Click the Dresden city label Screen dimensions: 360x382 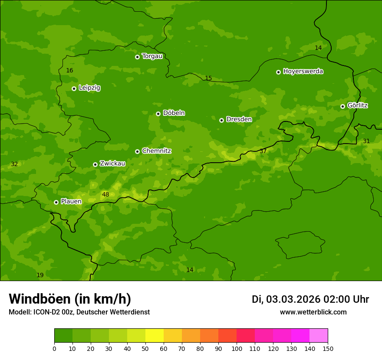[239, 119]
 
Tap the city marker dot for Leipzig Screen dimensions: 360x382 [74, 88]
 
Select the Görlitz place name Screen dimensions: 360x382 [357, 105]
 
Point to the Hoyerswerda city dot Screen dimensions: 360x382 [278, 72]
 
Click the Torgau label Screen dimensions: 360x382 [152, 56]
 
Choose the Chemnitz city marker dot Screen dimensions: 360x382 [138, 151]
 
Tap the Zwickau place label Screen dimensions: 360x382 [112, 164]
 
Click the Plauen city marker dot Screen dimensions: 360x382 [56, 202]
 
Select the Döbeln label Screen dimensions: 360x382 [174, 113]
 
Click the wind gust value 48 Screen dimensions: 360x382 [105, 195]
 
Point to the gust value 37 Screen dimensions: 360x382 [263, 151]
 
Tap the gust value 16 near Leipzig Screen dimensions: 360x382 [69, 71]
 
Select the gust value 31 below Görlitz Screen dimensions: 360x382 [366, 141]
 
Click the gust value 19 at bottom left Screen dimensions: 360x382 [40, 275]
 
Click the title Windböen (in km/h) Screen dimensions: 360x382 [70, 299]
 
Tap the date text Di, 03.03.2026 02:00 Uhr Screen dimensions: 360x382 [310, 300]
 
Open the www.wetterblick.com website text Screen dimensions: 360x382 [313, 312]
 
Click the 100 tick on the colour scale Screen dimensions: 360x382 [237, 348]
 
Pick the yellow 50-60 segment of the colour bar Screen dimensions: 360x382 [155, 336]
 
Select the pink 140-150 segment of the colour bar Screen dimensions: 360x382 [319, 336]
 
